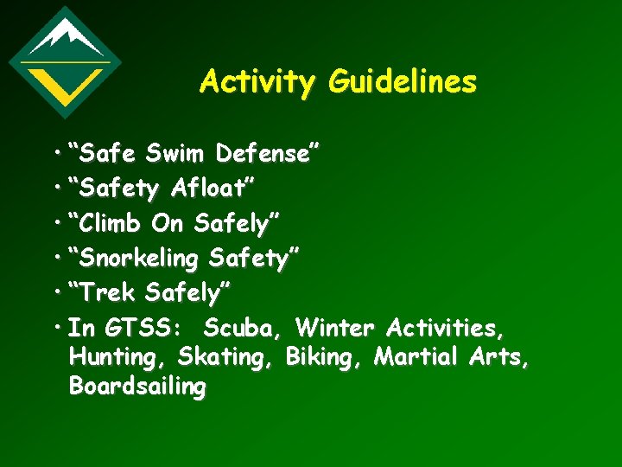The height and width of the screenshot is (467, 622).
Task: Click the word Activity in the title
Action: click(257, 82)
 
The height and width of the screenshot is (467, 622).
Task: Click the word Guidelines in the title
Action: click(402, 82)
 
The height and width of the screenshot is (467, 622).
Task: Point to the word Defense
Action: click(267, 155)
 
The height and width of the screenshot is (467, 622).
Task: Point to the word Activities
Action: click(446, 329)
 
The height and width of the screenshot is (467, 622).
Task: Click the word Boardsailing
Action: click(137, 387)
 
